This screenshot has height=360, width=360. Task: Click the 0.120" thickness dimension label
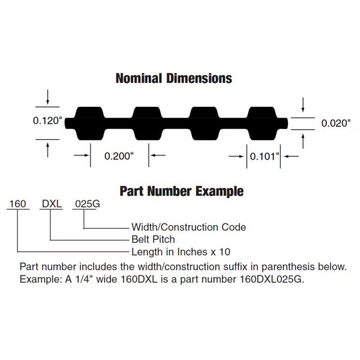47,121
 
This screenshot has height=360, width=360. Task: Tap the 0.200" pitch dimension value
119,156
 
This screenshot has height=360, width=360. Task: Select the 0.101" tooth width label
265,157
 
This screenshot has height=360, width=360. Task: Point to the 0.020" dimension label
336,123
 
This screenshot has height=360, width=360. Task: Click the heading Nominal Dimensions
174,78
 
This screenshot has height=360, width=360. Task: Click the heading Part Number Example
182,191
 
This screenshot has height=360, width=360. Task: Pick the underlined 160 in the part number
17,203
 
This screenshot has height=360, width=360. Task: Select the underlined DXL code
52,203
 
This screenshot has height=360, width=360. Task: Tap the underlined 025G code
88,203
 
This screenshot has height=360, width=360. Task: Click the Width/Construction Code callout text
189,227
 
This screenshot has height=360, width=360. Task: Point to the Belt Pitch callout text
153,239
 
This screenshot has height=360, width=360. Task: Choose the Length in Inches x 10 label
181,252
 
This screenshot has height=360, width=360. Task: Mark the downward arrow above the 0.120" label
47,97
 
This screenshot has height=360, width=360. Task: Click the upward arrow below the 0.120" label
47,149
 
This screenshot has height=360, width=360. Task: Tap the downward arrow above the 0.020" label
303,105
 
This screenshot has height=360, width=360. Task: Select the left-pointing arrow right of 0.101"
292,157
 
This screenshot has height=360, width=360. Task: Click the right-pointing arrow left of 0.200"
82,155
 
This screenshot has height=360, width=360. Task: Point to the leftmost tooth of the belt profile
90,123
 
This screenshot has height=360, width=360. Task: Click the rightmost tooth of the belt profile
262,123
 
